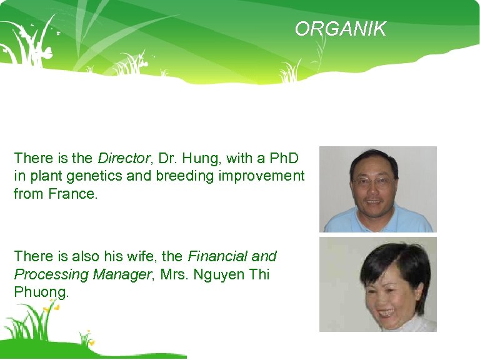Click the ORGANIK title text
[x=341, y=29]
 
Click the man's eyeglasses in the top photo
[x=373, y=181]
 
